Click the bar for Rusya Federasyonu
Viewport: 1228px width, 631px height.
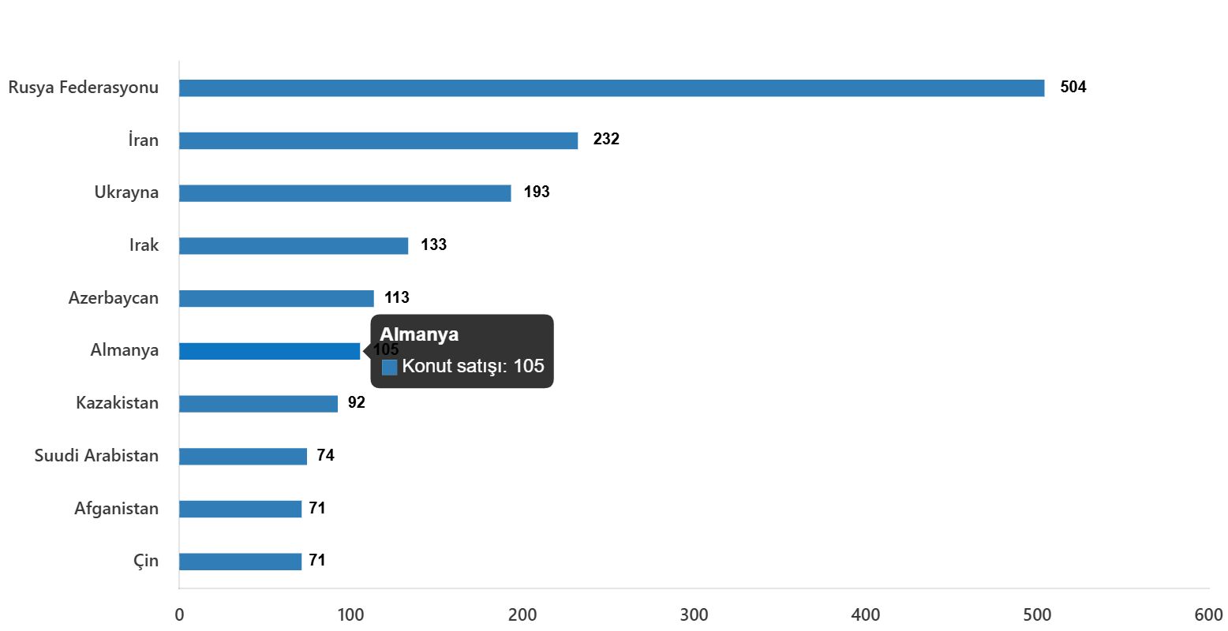coord(612,88)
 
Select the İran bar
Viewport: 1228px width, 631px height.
coord(379,141)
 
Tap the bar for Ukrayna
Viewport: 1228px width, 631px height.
coord(345,193)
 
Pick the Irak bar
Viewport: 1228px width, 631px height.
coord(294,246)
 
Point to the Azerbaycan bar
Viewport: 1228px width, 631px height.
coord(276,299)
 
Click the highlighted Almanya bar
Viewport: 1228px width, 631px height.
coord(270,351)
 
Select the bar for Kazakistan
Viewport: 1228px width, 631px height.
coord(258,404)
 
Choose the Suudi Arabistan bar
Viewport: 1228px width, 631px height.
coord(243,457)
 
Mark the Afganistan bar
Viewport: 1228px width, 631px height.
coord(241,510)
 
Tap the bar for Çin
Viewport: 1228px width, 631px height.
coord(241,562)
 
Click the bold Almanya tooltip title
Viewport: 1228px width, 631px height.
coord(419,334)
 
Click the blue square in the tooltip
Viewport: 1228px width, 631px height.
coord(389,368)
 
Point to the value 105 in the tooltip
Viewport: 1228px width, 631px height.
coord(529,367)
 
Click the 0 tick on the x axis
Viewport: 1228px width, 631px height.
coord(179,615)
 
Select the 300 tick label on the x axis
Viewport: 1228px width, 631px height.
coord(694,615)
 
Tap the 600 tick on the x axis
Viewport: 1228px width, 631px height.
coord(1208,615)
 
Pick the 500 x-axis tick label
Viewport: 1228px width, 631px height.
coord(1037,615)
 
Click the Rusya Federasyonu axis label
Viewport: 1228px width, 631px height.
coord(84,88)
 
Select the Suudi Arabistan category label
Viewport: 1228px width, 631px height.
coord(96,456)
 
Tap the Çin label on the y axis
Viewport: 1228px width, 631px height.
coord(145,562)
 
